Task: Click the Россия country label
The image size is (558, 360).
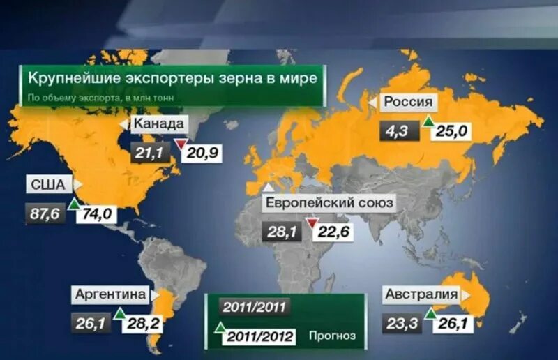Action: [x=409, y=103]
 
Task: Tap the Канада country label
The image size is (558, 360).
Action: [x=160, y=125]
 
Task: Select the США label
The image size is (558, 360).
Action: [x=49, y=186]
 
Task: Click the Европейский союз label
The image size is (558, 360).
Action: [x=329, y=204]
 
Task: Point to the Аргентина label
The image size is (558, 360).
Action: [x=111, y=294]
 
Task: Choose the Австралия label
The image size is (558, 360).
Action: [x=421, y=294]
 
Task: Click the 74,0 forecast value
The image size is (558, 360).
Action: [x=97, y=213]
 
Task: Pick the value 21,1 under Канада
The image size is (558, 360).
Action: [x=151, y=151]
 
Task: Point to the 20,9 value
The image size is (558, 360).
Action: [x=202, y=151]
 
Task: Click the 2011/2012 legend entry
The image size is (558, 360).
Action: [x=259, y=336]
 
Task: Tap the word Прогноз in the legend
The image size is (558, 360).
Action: [x=333, y=336]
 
